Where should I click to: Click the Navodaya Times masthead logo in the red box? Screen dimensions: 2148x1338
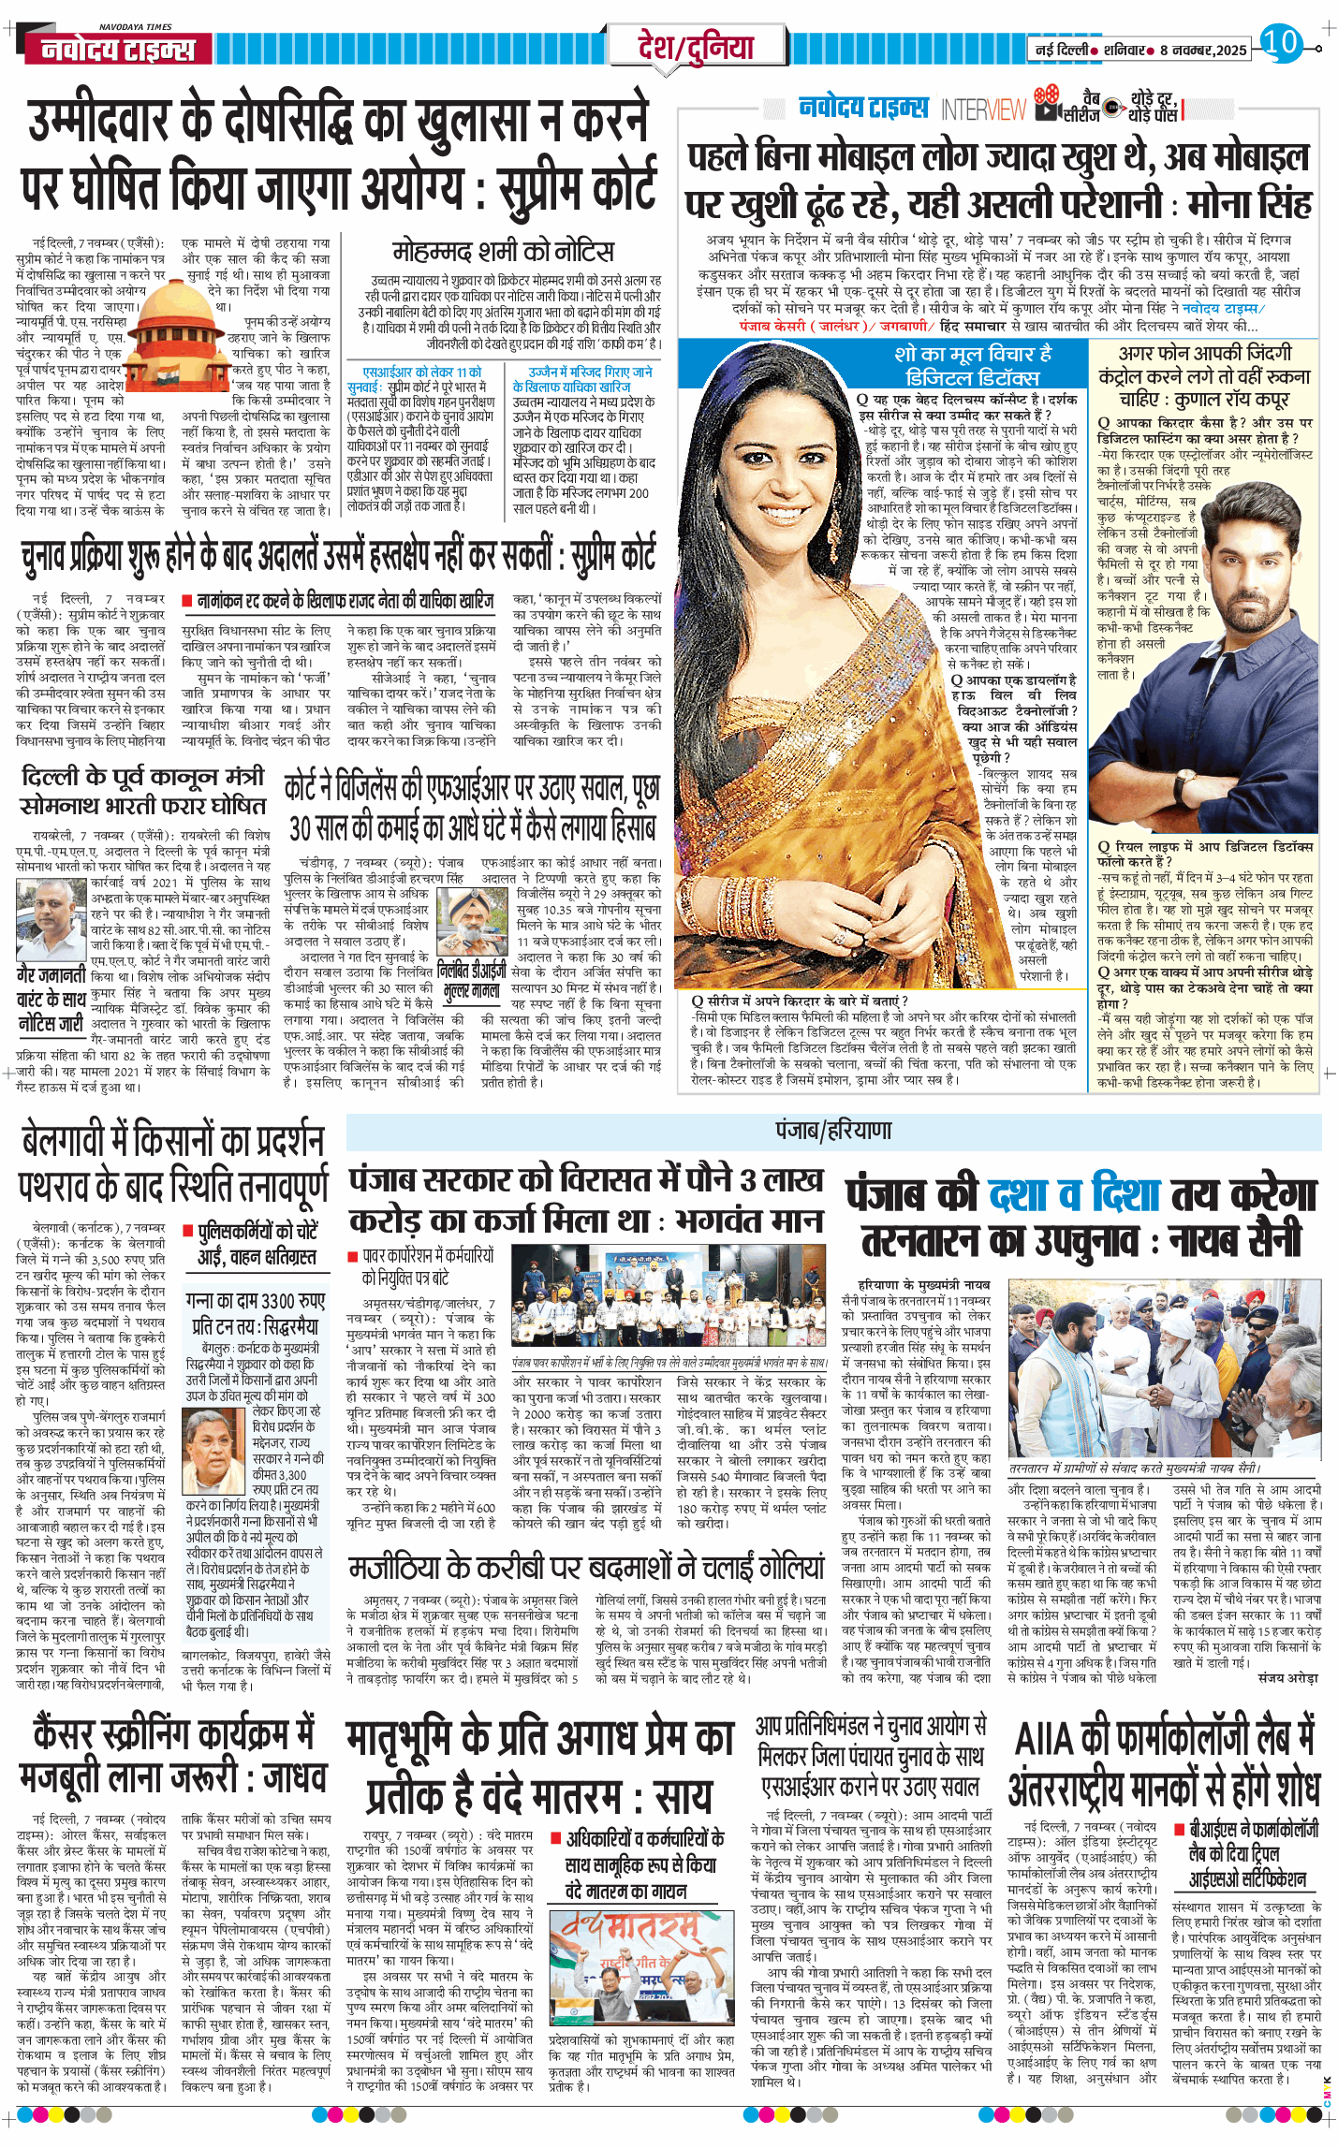click(x=118, y=49)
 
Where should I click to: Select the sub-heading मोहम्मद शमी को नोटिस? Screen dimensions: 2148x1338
click(x=503, y=251)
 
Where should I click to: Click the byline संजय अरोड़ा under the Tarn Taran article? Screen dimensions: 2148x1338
click(x=1287, y=1678)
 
